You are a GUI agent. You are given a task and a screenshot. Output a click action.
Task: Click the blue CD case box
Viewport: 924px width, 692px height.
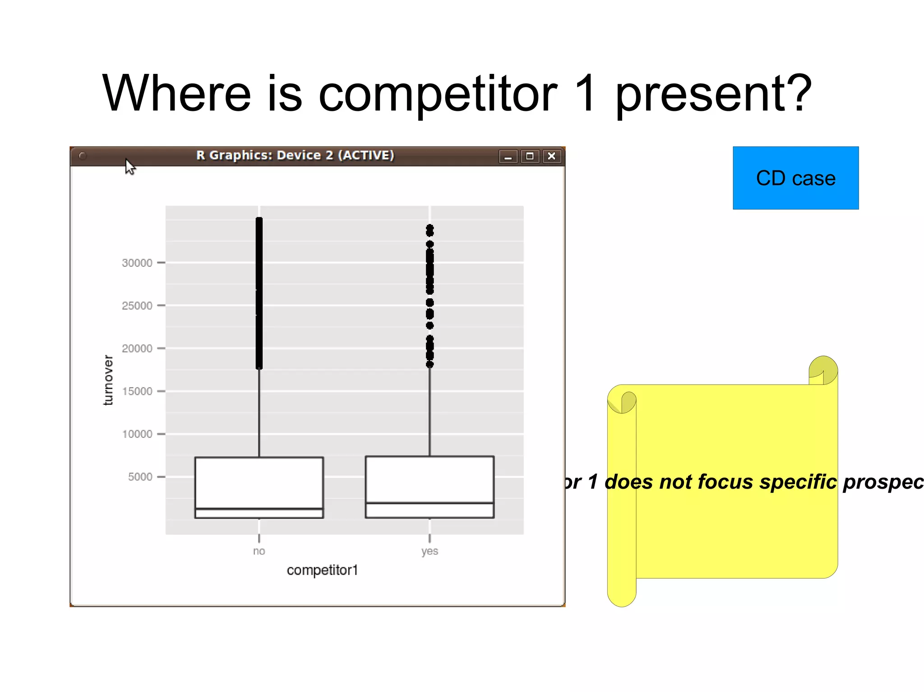[x=795, y=178]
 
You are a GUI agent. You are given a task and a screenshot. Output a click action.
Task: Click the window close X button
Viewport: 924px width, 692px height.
[x=551, y=156]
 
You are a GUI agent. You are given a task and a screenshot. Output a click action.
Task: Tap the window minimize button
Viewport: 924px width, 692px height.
[x=508, y=156]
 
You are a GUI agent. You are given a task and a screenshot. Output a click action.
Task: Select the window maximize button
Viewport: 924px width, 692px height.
[x=530, y=156]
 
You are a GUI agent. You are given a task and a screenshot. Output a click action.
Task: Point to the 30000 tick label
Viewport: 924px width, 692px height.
[x=137, y=263]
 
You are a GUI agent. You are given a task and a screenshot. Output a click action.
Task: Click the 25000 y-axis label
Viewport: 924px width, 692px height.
[x=137, y=306]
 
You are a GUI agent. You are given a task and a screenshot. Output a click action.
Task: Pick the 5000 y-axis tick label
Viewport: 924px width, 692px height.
[x=140, y=477]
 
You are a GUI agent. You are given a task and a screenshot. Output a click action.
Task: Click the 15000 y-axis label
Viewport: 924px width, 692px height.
[x=137, y=391]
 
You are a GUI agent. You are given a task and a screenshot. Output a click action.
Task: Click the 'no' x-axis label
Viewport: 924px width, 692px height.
[x=259, y=551]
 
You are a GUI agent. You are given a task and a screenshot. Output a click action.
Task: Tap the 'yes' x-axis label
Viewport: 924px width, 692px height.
[x=430, y=551]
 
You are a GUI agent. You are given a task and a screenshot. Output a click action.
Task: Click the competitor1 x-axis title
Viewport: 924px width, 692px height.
[x=322, y=570]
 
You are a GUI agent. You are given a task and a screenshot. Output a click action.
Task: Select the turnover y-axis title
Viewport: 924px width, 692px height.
[x=108, y=380]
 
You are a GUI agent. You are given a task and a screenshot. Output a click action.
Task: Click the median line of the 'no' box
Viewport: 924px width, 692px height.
[x=259, y=509]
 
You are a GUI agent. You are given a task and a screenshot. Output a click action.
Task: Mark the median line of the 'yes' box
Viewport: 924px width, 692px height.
[x=430, y=503]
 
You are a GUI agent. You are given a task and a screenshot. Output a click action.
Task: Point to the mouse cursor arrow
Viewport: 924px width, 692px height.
[x=129, y=166]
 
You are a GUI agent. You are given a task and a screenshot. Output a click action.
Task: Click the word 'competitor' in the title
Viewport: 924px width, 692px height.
[x=438, y=94]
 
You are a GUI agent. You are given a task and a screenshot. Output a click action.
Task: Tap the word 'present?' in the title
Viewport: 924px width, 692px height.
[x=713, y=94]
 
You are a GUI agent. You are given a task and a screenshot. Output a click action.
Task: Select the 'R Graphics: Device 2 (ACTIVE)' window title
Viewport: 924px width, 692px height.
[x=295, y=155]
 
